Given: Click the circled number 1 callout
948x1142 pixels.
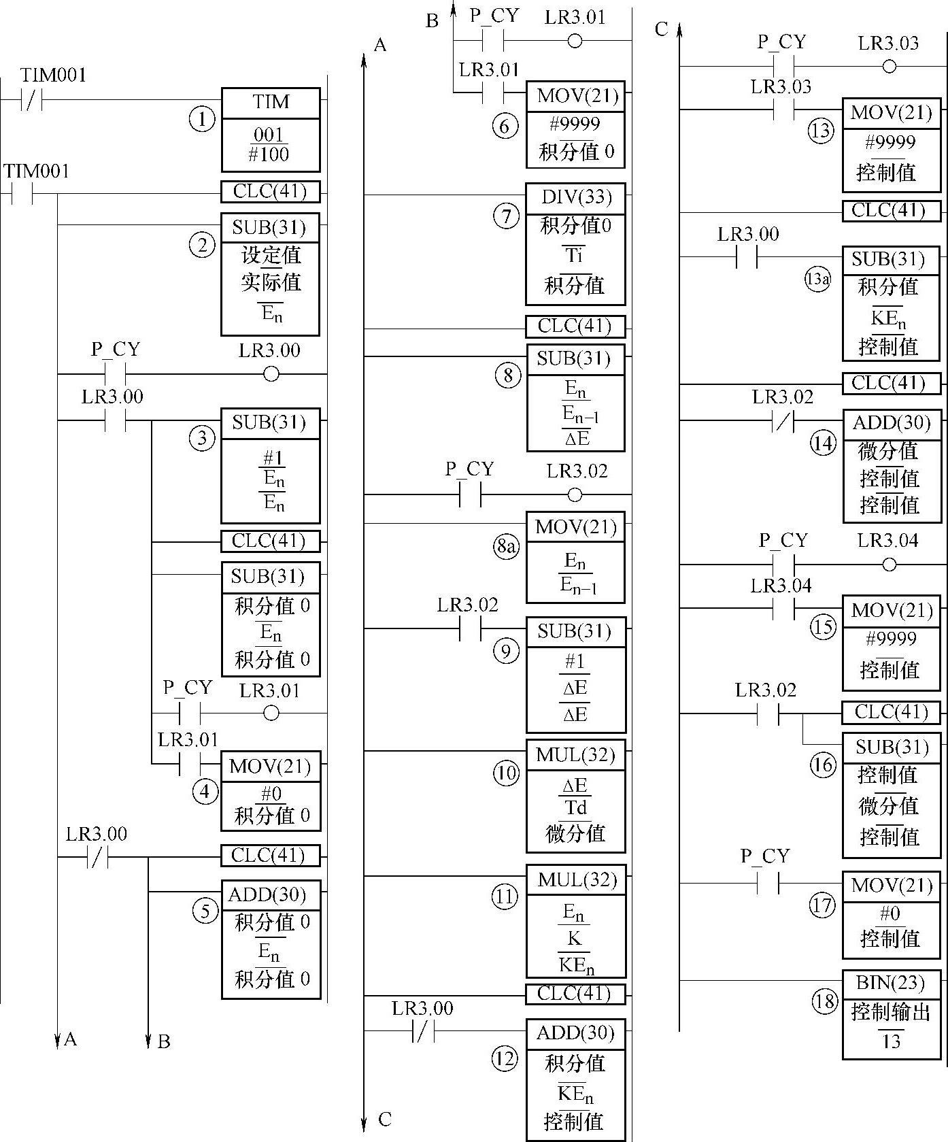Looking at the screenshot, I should [201, 120].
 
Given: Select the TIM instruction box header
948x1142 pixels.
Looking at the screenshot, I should [271, 103].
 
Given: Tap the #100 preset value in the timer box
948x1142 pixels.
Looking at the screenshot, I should [269, 154].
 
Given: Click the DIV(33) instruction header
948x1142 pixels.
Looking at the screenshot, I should [576, 197].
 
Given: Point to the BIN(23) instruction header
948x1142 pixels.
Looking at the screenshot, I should [891, 983].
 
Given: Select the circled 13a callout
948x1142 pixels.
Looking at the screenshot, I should [817, 280].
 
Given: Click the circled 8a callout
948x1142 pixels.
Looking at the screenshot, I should [505, 548].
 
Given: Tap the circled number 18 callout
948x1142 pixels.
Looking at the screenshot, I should [825, 1001].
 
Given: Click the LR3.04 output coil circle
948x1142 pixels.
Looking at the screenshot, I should [889, 565].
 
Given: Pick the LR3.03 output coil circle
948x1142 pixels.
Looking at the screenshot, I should [889, 67].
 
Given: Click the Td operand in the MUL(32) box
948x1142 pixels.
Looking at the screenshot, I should [575, 807].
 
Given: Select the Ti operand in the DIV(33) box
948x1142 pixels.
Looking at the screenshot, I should [575, 255].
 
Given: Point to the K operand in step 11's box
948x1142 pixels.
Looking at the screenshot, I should [575, 939].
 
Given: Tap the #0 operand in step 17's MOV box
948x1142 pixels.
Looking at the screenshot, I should [890, 913].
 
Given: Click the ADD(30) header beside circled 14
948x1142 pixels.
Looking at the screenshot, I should [892, 423].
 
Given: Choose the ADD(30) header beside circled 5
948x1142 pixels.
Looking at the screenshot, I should [270, 894].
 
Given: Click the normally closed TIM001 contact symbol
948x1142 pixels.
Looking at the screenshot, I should [32, 100].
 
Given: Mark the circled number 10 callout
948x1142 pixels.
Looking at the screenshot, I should [505, 773].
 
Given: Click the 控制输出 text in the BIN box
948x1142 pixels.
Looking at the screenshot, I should [891, 1013].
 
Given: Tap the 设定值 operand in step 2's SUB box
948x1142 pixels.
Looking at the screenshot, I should [271, 256].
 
